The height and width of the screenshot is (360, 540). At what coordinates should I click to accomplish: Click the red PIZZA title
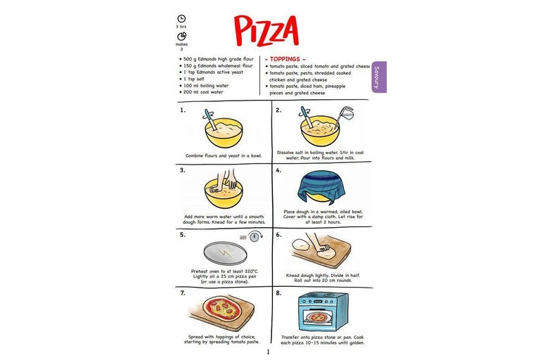tap(266, 30)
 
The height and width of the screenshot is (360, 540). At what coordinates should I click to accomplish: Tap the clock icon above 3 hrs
tap(181, 18)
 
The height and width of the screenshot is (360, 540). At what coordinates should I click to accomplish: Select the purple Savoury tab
tap(379, 77)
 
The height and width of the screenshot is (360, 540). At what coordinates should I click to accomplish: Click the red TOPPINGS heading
tap(285, 59)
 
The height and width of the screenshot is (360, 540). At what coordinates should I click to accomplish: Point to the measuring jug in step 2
tap(345, 115)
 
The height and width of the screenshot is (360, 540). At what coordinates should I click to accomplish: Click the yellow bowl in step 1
tap(224, 133)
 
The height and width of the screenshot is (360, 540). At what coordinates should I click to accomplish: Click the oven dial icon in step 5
tap(255, 237)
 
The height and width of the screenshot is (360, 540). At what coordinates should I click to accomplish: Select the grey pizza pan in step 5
tap(225, 253)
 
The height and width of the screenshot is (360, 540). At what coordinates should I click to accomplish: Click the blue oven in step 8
tap(323, 311)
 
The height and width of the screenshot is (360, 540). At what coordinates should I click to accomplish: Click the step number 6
tap(278, 235)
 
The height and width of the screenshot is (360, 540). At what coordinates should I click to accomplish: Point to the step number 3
tap(183, 170)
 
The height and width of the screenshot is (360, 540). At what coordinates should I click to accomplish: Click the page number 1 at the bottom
tap(269, 352)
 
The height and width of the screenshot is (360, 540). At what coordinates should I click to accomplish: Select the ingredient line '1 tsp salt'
tap(193, 79)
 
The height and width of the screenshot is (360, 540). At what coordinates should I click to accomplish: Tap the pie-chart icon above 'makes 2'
tap(182, 36)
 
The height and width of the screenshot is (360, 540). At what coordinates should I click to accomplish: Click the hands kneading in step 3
tap(224, 181)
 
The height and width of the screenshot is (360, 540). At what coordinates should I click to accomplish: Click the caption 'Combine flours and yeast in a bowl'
tap(224, 155)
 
